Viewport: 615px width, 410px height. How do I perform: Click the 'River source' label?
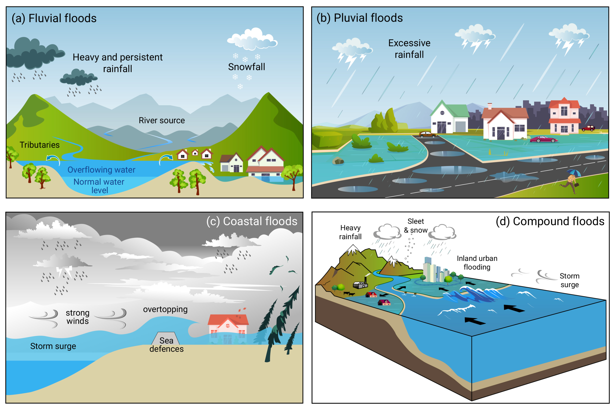[162, 120]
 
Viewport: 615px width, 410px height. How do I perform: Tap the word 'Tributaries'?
[40, 145]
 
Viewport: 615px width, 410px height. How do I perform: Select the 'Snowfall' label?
[246, 67]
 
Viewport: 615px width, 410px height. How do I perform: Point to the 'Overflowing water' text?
[101, 170]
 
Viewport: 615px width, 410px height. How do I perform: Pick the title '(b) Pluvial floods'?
[360, 18]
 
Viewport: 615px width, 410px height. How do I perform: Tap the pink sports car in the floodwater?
[544, 139]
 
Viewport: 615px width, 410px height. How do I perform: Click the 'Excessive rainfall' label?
[409, 49]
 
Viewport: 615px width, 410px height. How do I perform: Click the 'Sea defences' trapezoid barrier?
[166, 339]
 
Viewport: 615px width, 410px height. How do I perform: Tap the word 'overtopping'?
[165, 309]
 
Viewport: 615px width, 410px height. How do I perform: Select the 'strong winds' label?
[78, 317]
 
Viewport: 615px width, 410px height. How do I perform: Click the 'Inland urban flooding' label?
[477, 263]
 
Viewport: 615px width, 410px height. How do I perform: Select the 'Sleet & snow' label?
[416, 226]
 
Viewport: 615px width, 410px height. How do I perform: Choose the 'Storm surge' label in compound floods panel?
[569, 280]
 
